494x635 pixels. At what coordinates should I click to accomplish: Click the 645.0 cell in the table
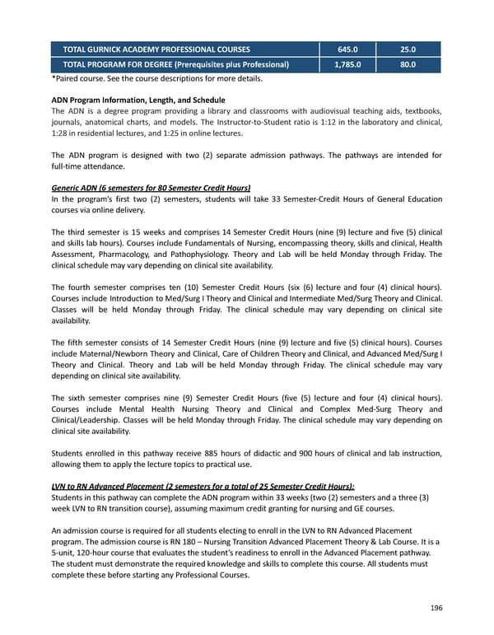pos(348,49)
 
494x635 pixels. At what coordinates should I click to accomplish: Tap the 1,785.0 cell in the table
pos(348,63)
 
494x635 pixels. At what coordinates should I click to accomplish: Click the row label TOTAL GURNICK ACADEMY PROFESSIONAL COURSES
pos(156,49)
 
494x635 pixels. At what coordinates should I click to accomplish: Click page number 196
pos(435,608)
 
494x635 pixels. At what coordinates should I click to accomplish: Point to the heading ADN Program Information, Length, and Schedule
pos(137,100)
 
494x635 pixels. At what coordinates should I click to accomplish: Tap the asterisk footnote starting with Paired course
pos(156,79)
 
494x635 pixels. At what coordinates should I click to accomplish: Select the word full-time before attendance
pos(69,166)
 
